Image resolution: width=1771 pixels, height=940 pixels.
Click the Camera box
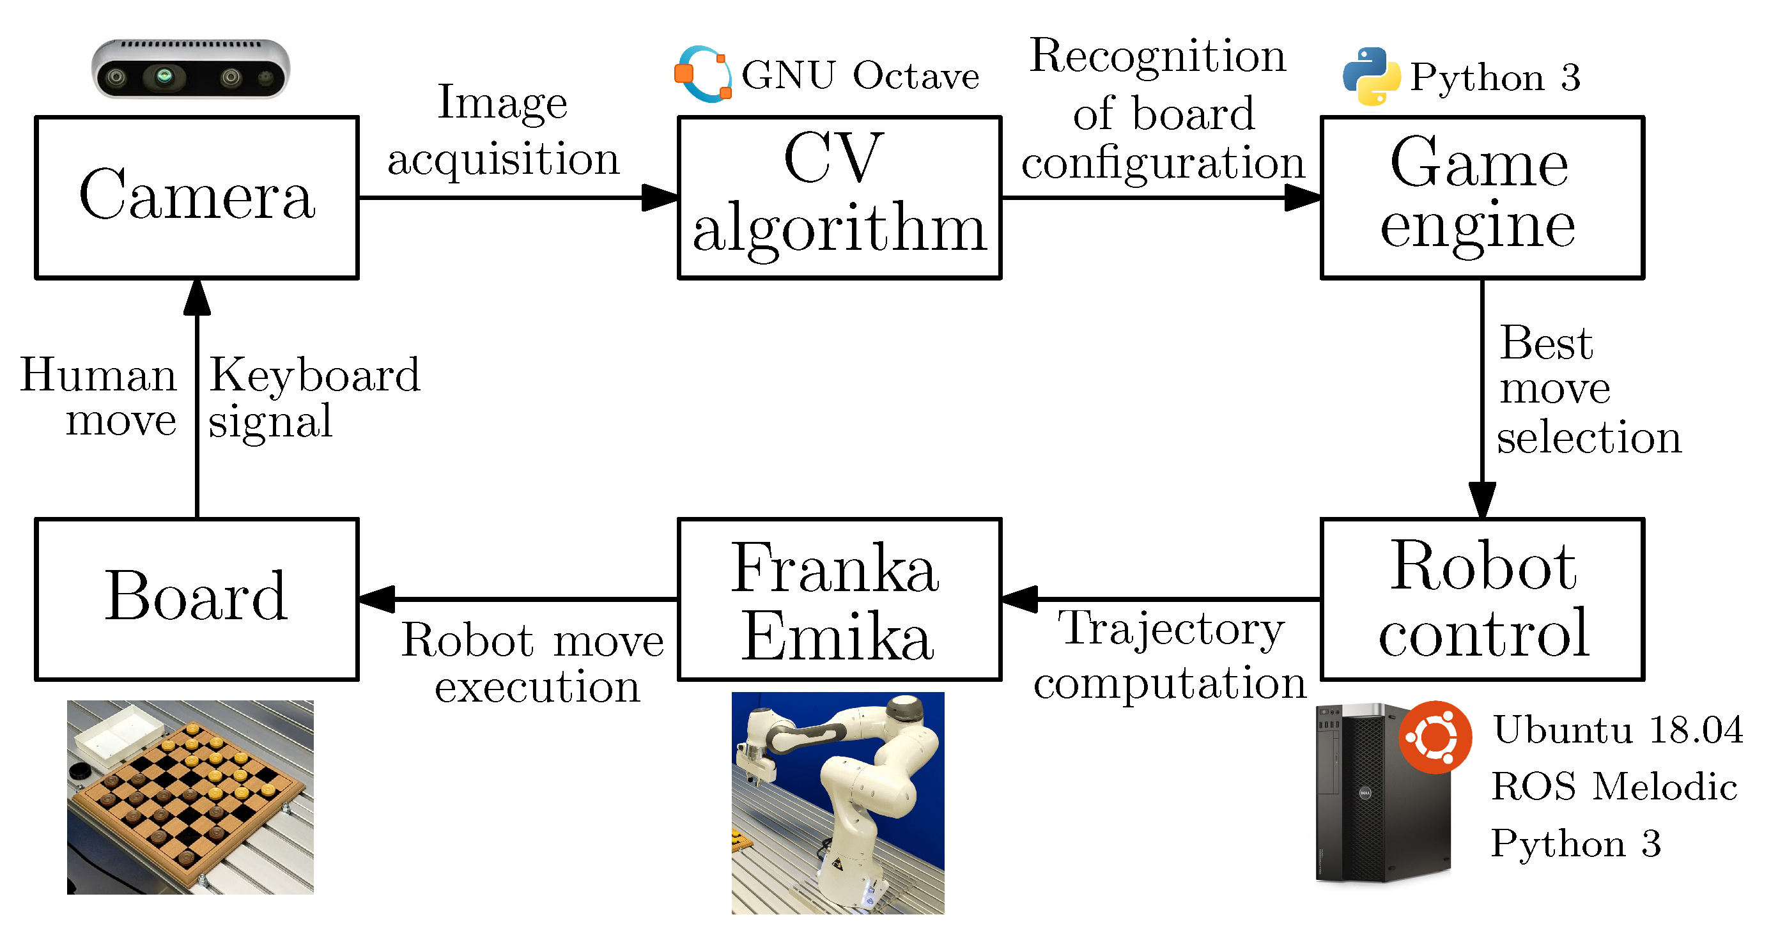(197, 197)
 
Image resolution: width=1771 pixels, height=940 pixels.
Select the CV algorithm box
(839, 197)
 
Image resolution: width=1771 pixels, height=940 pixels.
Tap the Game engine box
(1481, 197)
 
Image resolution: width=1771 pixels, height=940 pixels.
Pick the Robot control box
(1481, 599)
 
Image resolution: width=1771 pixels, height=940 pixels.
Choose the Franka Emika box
(839, 599)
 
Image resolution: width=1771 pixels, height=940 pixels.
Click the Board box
(197, 599)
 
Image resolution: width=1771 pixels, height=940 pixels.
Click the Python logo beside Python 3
(1371, 75)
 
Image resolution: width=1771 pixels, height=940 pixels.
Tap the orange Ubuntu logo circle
(1434, 736)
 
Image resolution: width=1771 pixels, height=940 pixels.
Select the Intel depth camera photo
(190, 69)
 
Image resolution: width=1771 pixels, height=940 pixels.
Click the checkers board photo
(190, 796)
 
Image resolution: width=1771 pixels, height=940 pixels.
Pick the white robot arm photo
(837, 802)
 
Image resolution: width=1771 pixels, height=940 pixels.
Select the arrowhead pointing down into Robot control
(1481, 499)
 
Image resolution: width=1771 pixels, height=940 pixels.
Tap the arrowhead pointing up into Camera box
(197, 298)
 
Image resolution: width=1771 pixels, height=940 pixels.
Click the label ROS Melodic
(1614, 786)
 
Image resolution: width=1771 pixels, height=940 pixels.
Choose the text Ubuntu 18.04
(1618, 730)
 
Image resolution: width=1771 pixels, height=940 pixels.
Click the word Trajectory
(1170, 629)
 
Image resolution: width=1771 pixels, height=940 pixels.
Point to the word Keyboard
(314, 376)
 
